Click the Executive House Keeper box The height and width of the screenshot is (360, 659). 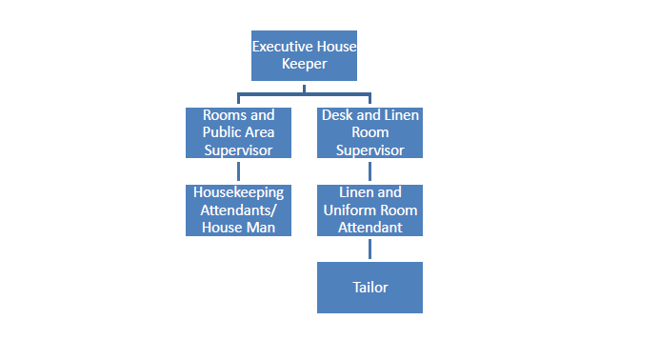click(304, 55)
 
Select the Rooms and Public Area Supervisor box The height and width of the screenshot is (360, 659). click(238, 132)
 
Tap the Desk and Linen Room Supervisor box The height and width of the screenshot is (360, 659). click(369, 132)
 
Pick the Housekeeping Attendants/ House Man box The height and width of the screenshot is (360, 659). click(238, 210)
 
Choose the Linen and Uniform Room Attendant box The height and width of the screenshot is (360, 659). click(369, 210)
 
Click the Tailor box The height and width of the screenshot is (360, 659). click(369, 287)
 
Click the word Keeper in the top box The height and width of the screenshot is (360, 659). click(304, 64)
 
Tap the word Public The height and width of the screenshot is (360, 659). click(220, 132)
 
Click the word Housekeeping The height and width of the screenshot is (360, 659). click(238, 192)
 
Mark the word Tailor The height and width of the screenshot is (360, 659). click(369, 287)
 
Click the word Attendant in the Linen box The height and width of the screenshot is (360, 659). click(369, 228)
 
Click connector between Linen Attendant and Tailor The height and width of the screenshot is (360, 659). click(369, 249)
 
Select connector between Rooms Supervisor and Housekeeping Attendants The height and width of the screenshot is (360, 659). click(238, 170)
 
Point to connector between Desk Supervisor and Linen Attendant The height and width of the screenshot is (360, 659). click(369, 170)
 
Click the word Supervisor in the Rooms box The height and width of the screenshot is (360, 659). click(238, 150)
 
